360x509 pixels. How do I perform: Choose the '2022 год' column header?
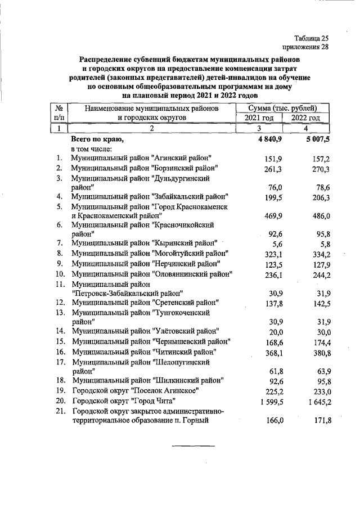point(305,118)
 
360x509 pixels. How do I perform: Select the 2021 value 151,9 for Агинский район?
point(272,159)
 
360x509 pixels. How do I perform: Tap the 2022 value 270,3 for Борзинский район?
point(318,169)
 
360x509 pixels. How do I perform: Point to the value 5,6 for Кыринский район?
point(276,244)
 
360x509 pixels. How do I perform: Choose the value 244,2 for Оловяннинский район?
point(318,274)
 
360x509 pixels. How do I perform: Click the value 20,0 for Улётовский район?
point(274,332)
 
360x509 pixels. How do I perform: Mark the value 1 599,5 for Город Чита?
point(268,401)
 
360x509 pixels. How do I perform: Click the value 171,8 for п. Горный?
point(318,421)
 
